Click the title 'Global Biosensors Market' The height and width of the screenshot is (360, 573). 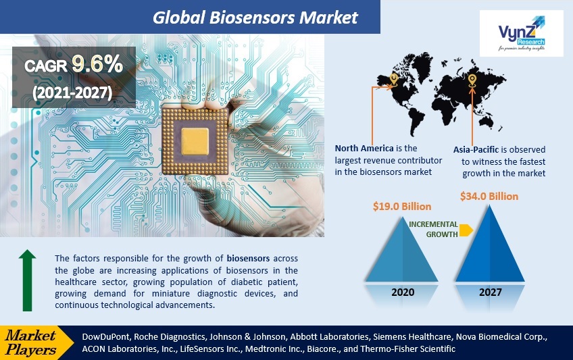click(x=255, y=16)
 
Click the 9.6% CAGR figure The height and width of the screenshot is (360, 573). click(x=97, y=65)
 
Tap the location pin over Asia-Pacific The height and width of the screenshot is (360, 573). click(x=473, y=82)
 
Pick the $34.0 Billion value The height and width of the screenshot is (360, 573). click(x=489, y=196)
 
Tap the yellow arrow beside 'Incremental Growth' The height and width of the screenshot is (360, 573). click(x=466, y=230)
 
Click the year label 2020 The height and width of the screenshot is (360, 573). click(x=403, y=292)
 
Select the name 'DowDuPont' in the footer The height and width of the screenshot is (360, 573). click(x=105, y=336)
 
